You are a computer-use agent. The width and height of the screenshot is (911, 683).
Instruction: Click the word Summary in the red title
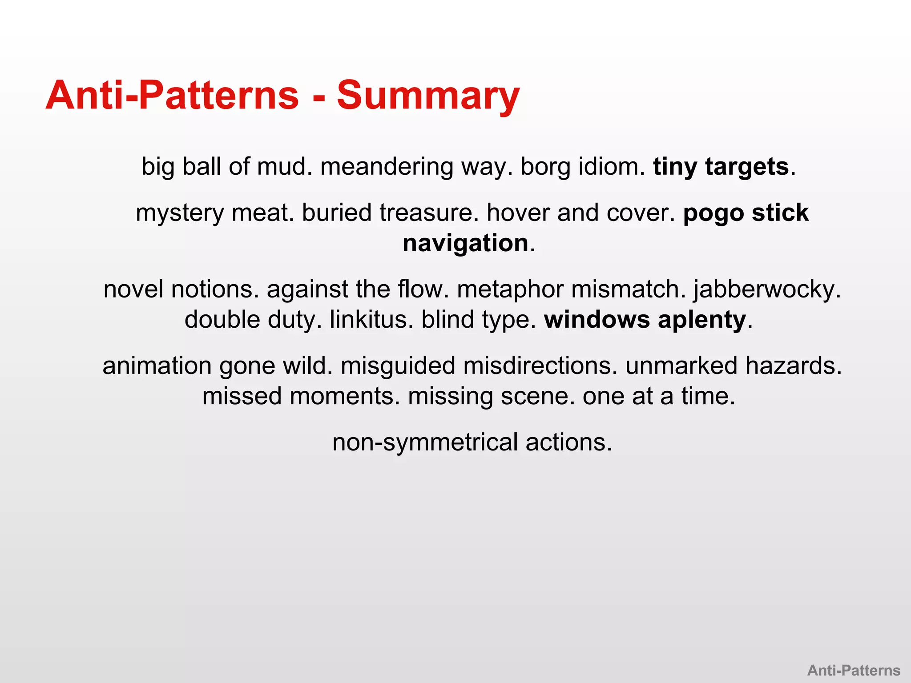(428, 96)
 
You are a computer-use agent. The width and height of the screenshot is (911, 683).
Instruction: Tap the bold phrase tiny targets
(721, 167)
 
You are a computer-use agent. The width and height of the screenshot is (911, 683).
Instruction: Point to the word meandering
(387, 167)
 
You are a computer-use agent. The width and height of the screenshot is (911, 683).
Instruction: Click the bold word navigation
(465, 244)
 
